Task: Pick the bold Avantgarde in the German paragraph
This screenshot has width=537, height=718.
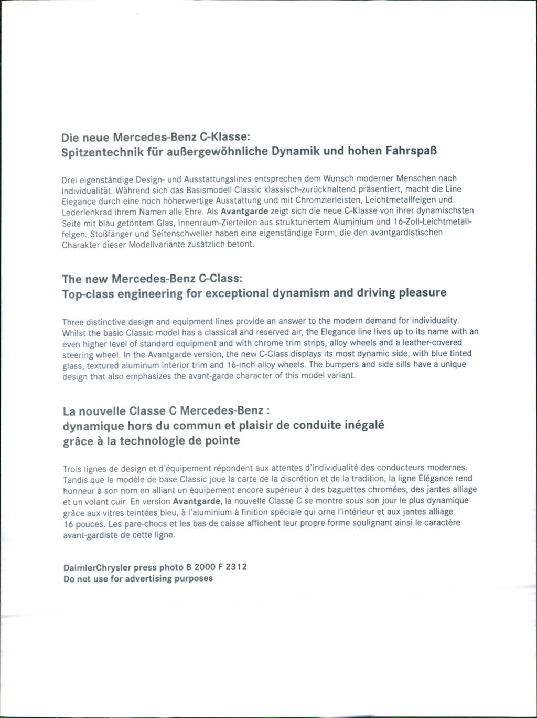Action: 245,211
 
